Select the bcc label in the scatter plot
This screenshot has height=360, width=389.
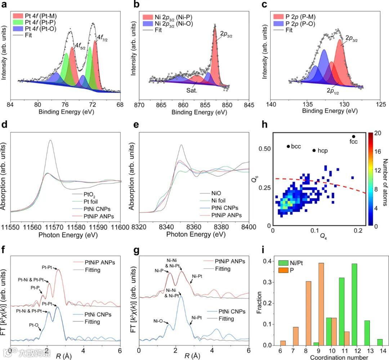[x=295, y=146]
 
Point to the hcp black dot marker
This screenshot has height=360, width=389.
[x=314, y=150]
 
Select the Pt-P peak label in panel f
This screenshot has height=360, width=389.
[x=35, y=288]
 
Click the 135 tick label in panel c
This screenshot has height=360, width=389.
[x=308, y=103]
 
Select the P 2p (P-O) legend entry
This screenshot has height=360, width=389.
[x=307, y=23]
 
